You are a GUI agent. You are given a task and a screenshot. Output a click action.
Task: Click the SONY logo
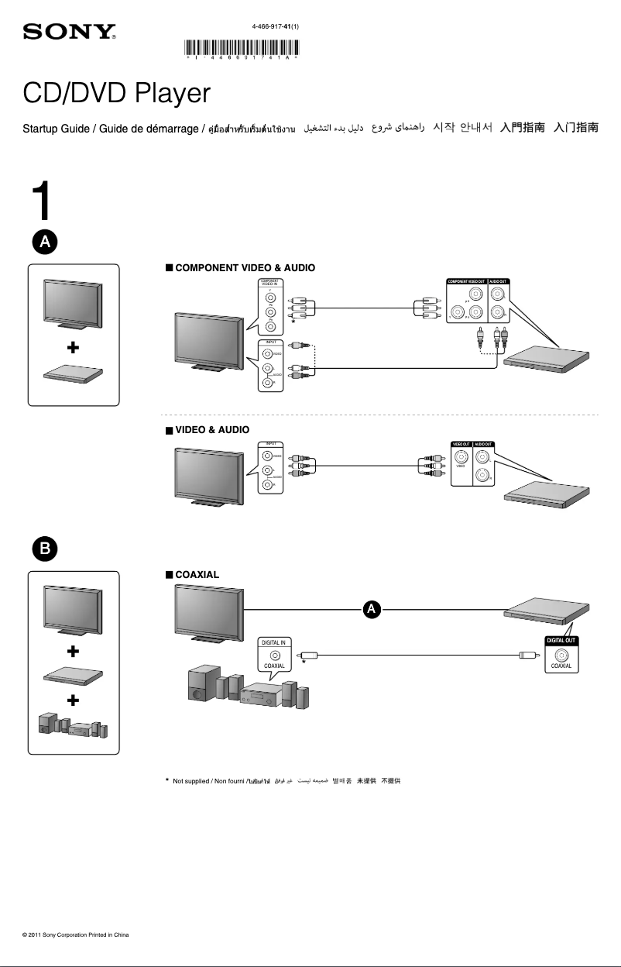coord(70,32)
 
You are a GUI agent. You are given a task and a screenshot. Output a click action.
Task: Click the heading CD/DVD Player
coord(116,94)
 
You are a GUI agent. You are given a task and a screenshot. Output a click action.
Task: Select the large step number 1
coord(43,202)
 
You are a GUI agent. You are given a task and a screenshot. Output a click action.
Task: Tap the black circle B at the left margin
coord(45,549)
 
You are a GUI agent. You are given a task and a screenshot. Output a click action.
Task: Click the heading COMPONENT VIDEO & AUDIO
coord(245,267)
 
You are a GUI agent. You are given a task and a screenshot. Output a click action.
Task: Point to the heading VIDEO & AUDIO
coord(212,429)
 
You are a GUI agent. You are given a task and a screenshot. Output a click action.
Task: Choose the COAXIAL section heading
coord(197,575)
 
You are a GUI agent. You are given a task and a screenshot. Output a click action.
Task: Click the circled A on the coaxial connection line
coord(372,610)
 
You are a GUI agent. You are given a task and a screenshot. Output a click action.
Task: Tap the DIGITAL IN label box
coord(273,642)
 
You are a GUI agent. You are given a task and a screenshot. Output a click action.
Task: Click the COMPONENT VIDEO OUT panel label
coord(466,281)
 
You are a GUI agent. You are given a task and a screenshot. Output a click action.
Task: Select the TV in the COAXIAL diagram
coord(209,612)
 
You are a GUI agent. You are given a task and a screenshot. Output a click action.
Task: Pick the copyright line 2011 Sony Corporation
coord(75,935)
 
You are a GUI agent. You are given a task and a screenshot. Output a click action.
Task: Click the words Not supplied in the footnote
coord(190,780)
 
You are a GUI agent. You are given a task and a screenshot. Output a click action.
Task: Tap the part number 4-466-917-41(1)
coord(275,26)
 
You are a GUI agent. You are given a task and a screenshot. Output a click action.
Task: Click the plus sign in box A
coord(73,349)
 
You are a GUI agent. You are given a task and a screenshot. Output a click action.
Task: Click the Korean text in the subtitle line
coord(463,127)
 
